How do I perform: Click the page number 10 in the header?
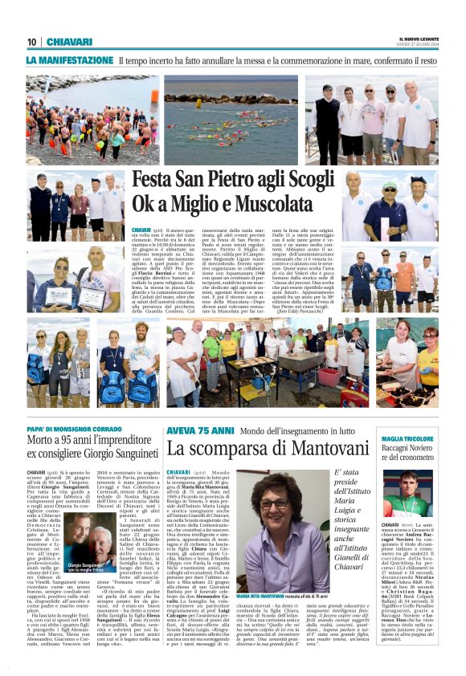click(x=32, y=42)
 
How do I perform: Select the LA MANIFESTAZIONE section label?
click(x=69, y=60)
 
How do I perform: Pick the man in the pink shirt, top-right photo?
click(x=372, y=120)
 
